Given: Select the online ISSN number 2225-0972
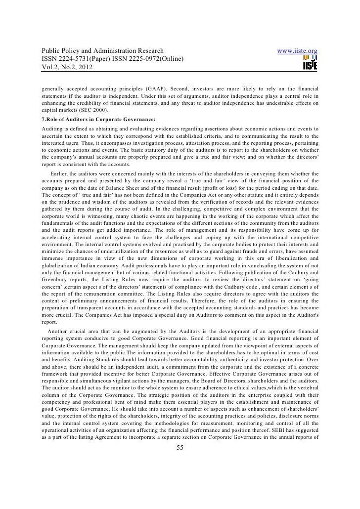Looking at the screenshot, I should (142, 60).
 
